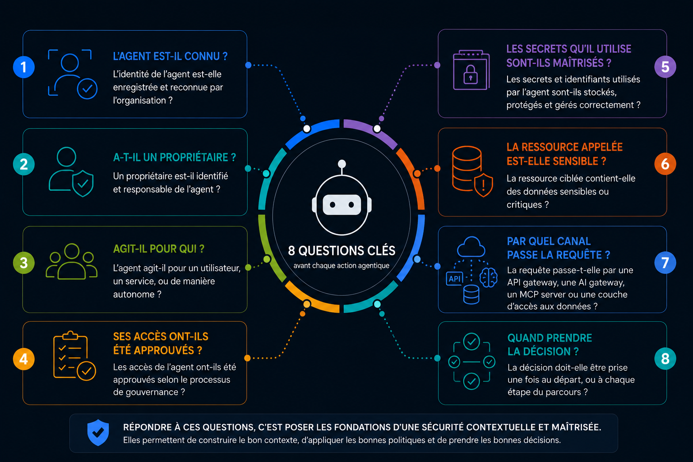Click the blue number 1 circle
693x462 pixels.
(x=24, y=67)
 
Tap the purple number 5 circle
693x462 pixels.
(x=665, y=67)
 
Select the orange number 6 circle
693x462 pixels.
(x=665, y=164)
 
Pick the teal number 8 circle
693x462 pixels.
(x=665, y=359)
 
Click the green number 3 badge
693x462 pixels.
(x=24, y=263)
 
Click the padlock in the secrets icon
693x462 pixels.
(x=471, y=75)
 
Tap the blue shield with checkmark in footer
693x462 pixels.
(x=98, y=433)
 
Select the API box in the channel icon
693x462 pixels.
(x=454, y=279)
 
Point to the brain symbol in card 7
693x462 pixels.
(x=489, y=277)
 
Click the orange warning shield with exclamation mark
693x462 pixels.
(x=484, y=185)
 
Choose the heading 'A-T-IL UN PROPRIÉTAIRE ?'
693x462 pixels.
(x=175, y=157)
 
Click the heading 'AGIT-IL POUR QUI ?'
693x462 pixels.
(x=159, y=249)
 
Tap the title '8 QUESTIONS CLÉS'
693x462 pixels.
(x=342, y=251)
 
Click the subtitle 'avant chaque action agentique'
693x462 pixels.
(x=342, y=265)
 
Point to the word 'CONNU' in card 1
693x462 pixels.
(x=202, y=56)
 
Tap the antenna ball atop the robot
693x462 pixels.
(x=342, y=163)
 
